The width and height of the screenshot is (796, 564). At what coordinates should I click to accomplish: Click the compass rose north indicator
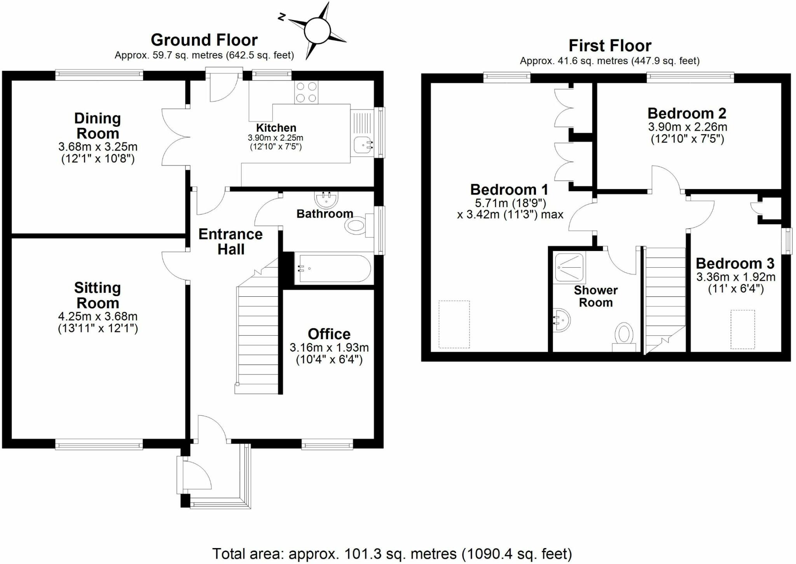tap(282, 17)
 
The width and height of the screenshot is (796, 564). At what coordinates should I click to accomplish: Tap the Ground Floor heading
tap(204, 40)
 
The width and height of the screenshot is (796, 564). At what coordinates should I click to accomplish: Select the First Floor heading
tap(610, 46)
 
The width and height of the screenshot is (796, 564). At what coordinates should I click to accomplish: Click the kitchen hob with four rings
tap(306, 92)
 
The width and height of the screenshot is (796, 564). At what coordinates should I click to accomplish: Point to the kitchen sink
tap(363, 146)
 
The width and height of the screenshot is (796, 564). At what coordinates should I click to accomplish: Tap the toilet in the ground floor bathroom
tap(356, 225)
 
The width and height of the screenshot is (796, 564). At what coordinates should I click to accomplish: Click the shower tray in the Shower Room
tap(569, 267)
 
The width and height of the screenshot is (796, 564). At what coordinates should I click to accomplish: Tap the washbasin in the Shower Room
tap(562, 320)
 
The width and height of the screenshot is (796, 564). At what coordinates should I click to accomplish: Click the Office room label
tap(329, 334)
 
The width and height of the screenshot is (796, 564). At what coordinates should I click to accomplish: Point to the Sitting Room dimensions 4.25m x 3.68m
tap(98, 317)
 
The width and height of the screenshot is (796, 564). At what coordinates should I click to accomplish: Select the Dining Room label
tap(98, 126)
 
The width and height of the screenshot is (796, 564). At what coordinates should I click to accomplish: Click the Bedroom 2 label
tap(687, 113)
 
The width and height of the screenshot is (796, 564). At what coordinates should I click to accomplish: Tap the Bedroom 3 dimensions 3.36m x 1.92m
tap(735, 277)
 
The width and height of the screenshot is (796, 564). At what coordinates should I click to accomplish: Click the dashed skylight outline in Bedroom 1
tap(454, 324)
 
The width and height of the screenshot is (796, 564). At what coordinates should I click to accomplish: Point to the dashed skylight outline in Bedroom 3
tap(742, 329)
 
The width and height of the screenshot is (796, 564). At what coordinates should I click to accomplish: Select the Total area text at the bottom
tap(392, 554)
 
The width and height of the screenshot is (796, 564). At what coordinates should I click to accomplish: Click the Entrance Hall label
tap(231, 242)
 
